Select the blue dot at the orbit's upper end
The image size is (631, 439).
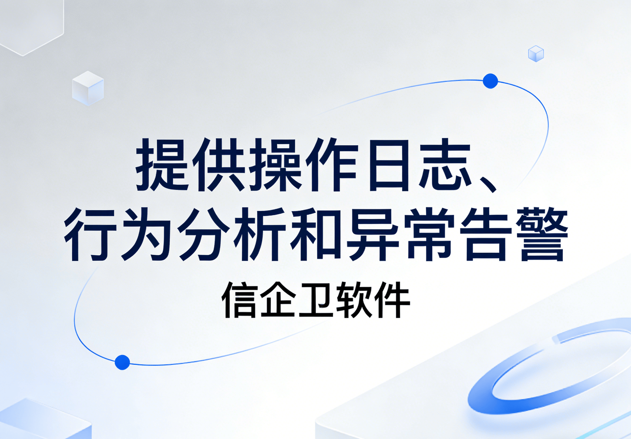pyautogui.click(x=490, y=81)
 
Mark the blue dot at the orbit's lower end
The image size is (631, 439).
pyautogui.click(x=122, y=362)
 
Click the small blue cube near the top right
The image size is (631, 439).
pyautogui.click(x=536, y=54)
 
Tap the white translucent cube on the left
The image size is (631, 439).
pyautogui.click(x=88, y=88)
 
